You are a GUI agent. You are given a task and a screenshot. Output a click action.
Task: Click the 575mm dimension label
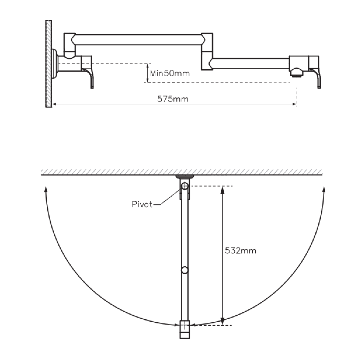[x=173, y=99]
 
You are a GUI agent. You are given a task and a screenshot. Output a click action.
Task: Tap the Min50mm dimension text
[x=170, y=73]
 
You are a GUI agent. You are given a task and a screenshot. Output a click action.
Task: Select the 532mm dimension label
[x=240, y=251]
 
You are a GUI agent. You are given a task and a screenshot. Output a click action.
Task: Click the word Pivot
[x=142, y=204]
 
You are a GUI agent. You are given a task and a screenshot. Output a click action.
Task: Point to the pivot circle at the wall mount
[x=184, y=186]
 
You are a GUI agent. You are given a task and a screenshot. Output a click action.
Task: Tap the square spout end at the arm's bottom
[x=185, y=330]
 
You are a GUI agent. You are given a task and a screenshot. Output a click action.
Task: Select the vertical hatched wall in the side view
[x=49, y=63]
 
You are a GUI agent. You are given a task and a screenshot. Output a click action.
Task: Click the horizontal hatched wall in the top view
[x=181, y=172]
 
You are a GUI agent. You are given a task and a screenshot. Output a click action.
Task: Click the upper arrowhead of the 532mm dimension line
[x=223, y=189]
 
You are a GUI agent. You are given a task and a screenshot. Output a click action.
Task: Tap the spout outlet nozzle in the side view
[x=296, y=73]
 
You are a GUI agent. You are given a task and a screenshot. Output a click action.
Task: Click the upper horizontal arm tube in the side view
[x=138, y=39]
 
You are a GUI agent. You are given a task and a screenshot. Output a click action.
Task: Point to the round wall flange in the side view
[x=54, y=64]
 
